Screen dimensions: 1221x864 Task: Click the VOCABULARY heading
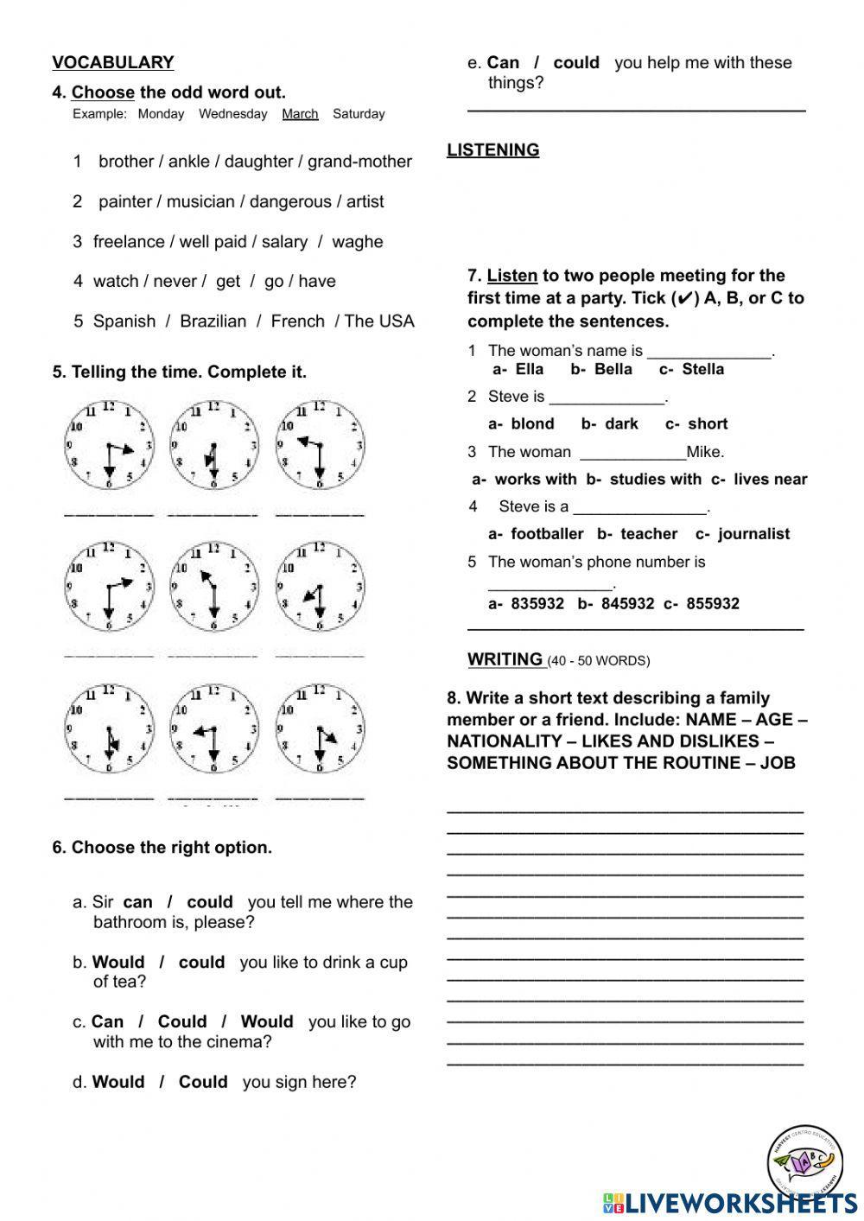click(x=113, y=62)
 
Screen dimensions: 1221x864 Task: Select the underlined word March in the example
click(x=300, y=114)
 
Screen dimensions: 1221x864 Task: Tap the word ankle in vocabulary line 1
click(x=188, y=162)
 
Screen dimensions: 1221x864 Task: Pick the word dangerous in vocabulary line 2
click(x=290, y=201)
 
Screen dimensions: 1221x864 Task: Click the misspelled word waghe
click(x=357, y=242)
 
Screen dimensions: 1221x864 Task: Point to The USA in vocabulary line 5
click(x=379, y=321)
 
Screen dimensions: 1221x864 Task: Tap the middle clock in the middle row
click(x=213, y=586)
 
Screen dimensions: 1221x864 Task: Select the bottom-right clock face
click(x=320, y=728)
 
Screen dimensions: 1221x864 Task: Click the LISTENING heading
click(x=492, y=150)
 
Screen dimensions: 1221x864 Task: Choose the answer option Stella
click(x=702, y=370)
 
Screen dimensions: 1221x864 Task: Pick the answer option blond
click(x=532, y=424)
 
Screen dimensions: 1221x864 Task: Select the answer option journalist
click(x=753, y=534)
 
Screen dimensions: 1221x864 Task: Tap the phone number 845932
click(x=627, y=604)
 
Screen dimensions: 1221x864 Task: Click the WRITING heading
click(x=505, y=659)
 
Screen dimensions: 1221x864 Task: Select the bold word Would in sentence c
click(x=267, y=1022)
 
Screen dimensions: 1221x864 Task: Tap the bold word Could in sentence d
click(x=203, y=1083)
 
